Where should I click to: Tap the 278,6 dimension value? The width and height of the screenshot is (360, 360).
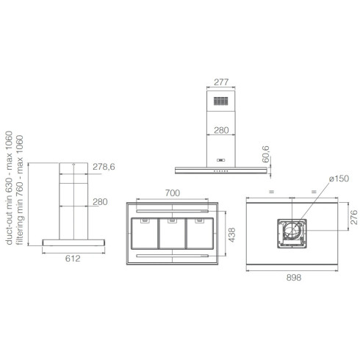click(x=104, y=168)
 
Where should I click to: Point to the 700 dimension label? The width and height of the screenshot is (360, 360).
click(x=173, y=192)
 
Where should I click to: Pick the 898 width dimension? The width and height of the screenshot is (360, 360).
click(x=294, y=278)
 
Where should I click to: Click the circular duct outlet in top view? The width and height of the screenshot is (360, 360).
click(x=292, y=232)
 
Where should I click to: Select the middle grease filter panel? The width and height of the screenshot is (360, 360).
click(x=173, y=233)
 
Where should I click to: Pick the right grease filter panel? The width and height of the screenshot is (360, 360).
click(x=200, y=233)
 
